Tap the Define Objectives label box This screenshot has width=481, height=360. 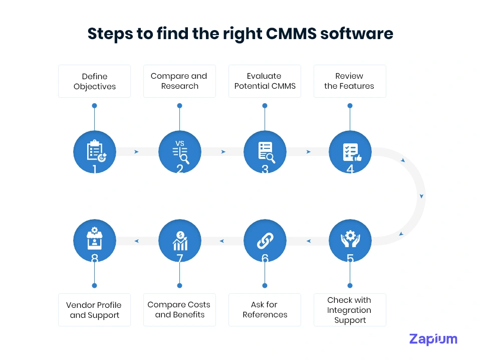point(94,81)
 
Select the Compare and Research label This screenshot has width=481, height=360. point(179,81)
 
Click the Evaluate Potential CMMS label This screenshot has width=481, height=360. point(265,81)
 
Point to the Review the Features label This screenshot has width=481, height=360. point(350,81)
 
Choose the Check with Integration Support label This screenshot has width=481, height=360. point(350,310)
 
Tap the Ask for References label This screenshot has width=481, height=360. point(265,310)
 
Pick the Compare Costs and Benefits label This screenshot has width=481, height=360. point(179,310)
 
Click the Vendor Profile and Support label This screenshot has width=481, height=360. point(94,310)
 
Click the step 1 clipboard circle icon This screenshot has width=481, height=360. point(94,151)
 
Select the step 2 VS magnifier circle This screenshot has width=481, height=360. point(179,151)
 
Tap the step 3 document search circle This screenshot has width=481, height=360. point(265,151)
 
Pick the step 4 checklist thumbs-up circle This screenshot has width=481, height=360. point(350,151)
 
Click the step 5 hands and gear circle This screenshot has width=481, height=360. point(350,241)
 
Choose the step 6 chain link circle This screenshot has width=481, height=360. point(265,241)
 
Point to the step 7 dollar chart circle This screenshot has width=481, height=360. point(179,241)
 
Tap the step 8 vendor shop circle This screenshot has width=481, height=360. point(94,241)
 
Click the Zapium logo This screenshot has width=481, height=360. point(433,339)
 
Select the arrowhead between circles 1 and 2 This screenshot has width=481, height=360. point(136,151)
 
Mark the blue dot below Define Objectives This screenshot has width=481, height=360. point(94,106)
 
